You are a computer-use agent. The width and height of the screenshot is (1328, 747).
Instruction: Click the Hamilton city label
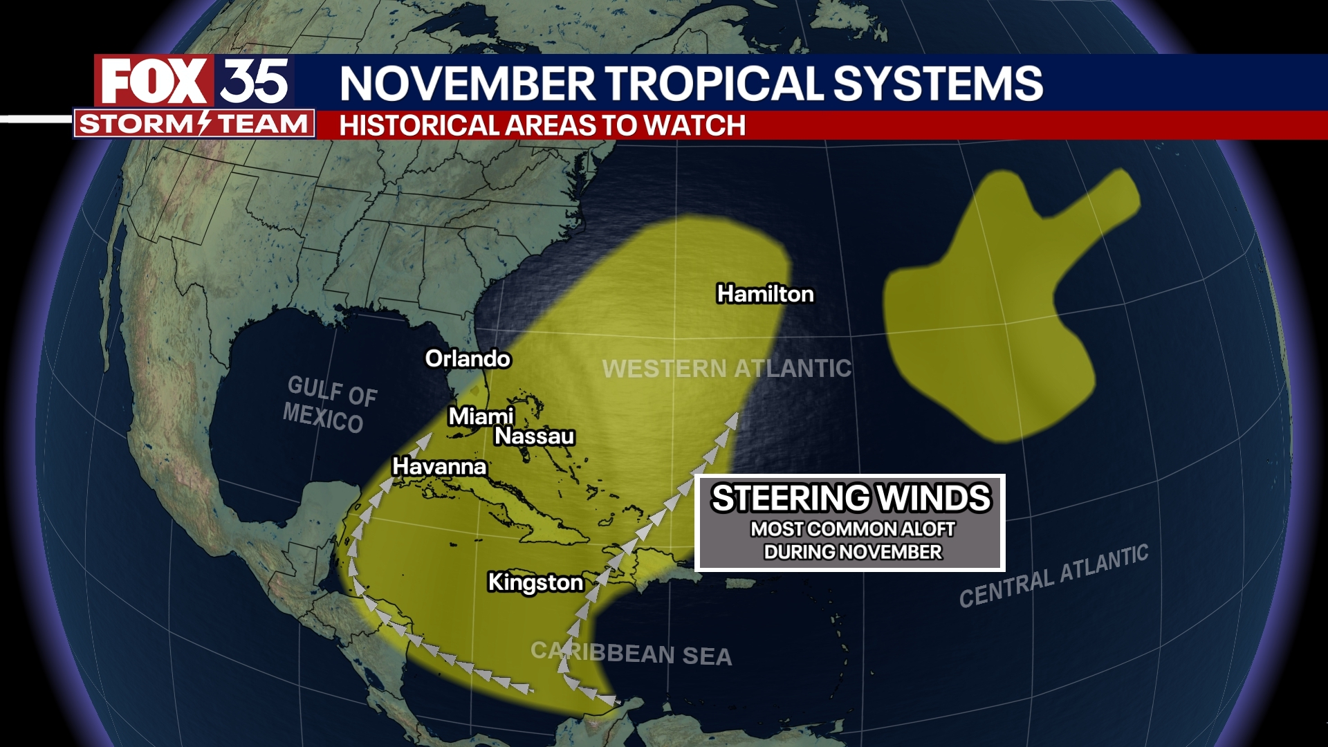pos(765,294)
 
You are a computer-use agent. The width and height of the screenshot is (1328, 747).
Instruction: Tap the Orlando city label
pos(468,358)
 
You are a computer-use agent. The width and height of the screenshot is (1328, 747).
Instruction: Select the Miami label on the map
pos(481,416)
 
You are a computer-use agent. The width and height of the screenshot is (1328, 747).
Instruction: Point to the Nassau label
pos(535,436)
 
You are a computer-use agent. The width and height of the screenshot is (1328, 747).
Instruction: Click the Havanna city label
pos(439,466)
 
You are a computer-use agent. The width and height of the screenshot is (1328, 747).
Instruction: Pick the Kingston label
pos(535,582)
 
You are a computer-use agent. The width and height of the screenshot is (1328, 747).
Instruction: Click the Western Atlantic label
pos(726,368)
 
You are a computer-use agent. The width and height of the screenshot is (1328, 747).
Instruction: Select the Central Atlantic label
pos(1053,576)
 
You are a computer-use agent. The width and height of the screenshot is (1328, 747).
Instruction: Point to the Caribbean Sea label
pos(631,652)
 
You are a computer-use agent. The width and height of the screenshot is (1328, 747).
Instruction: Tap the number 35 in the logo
pos(254,81)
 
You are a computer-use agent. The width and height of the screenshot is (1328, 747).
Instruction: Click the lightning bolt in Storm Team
pos(203,123)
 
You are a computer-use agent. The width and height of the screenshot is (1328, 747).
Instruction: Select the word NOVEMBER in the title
pos(467,84)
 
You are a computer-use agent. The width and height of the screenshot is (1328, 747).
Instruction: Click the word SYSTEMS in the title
pos(938,84)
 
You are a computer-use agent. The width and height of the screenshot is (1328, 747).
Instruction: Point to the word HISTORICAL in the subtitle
pos(419,126)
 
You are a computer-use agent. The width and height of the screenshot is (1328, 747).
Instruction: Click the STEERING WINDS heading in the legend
pos(851,498)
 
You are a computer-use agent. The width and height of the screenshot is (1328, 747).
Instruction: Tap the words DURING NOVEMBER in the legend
pos(852,552)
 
